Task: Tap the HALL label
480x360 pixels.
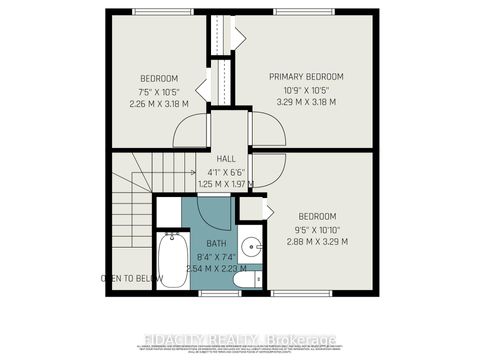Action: click(225, 157)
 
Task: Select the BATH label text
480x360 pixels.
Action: click(217, 243)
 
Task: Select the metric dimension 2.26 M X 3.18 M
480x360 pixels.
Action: click(159, 103)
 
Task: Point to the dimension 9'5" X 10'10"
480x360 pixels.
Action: click(316, 229)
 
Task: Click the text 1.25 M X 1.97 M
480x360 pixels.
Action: click(225, 184)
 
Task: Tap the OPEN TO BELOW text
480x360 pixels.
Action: click(130, 278)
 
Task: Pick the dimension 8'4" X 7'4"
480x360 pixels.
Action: click(217, 256)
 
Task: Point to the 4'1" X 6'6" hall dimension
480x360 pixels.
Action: click(225, 171)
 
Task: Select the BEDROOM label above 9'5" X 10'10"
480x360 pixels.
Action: click(317, 216)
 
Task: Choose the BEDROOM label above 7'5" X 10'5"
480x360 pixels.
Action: click(159, 78)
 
